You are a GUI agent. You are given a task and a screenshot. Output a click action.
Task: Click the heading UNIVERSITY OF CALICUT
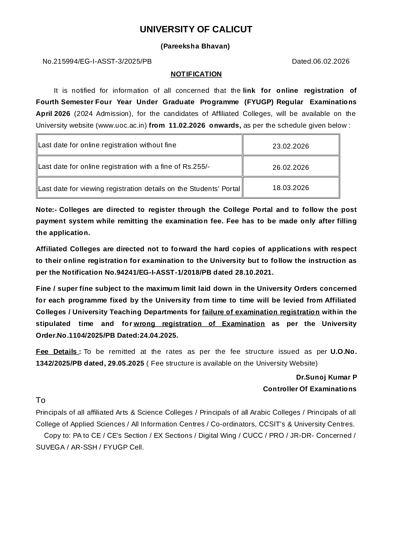(x=196, y=29)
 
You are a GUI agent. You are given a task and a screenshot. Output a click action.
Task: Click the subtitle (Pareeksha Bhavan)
(x=195, y=46)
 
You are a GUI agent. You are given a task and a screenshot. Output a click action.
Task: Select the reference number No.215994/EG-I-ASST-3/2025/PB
(x=97, y=61)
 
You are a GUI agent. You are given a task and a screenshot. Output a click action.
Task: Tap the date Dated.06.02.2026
(x=320, y=61)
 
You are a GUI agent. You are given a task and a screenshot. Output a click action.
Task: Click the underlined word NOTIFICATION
(x=196, y=74)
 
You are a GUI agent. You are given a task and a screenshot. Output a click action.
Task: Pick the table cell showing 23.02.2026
(x=291, y=146)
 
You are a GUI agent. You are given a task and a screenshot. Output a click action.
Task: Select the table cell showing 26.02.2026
(x=291, y=167)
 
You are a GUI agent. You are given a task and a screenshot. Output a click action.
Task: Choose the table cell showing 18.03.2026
(x=291, y=188)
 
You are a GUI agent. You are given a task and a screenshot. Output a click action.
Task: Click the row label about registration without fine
(x=107, y=145)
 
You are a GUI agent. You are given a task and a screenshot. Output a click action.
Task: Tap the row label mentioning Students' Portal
(x=139, y=189)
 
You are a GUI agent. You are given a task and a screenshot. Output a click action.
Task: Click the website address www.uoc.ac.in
(x=121, y=125)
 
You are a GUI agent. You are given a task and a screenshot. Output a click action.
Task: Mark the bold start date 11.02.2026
(x=187, y=125)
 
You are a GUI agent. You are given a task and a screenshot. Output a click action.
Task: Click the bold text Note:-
(x=46, y=210)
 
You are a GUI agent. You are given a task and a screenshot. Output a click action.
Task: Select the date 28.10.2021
(x=254, y=272)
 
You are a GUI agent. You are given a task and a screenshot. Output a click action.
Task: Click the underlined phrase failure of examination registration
(x=261, y=312)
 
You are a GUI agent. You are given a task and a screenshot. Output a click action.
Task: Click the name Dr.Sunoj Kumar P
(x=326, y=377)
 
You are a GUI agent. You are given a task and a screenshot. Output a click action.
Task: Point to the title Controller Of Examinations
(x=310, y=389)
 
